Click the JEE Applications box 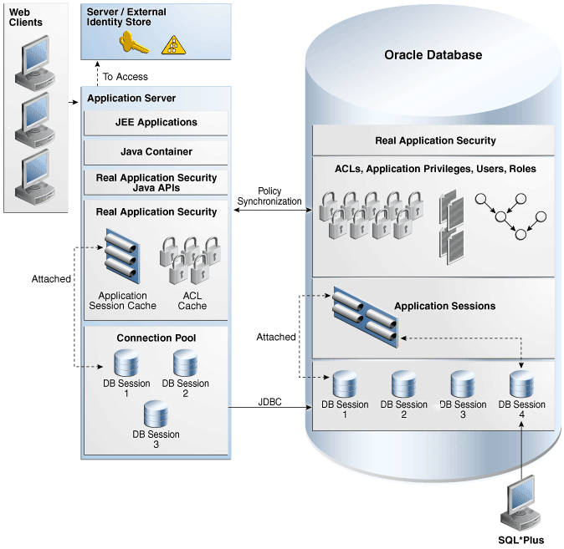156,123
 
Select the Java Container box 156,152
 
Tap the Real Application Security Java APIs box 156,183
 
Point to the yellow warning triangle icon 173,44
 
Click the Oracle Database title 433,55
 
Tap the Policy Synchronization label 269,196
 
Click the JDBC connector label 269,402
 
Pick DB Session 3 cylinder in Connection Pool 155,414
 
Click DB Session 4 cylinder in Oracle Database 521,385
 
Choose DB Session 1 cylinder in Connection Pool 126,364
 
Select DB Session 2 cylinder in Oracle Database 403,385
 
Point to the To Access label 126,77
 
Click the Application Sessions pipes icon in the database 362,313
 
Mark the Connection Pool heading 156,338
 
